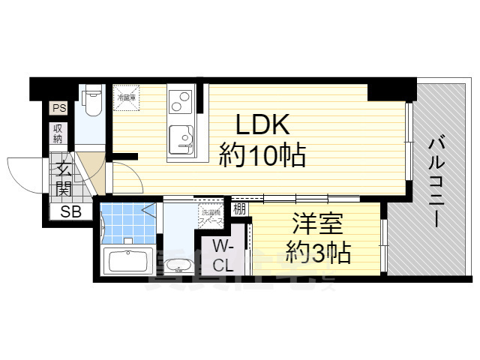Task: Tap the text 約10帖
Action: click(x=262, y=156)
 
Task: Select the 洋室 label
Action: click(x=314, y=224)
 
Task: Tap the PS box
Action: click(x=59, y=109)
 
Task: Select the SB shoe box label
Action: click(x=70, y=211)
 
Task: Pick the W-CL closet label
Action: click(x=222, y=256)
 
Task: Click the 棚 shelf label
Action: click(x=239, y=209)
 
